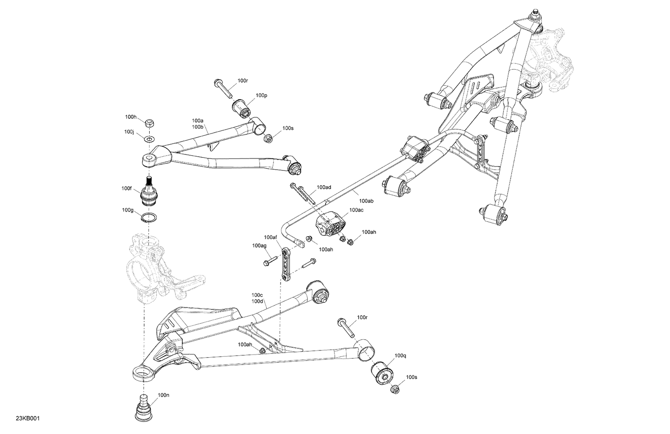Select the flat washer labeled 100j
click(150, 139)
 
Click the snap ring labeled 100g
click(148, 218)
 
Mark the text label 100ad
click(323, 188)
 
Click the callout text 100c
click(257, 295)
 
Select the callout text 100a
click(198, 121)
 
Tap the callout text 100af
click(271, 237)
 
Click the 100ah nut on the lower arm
click(262, 351)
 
